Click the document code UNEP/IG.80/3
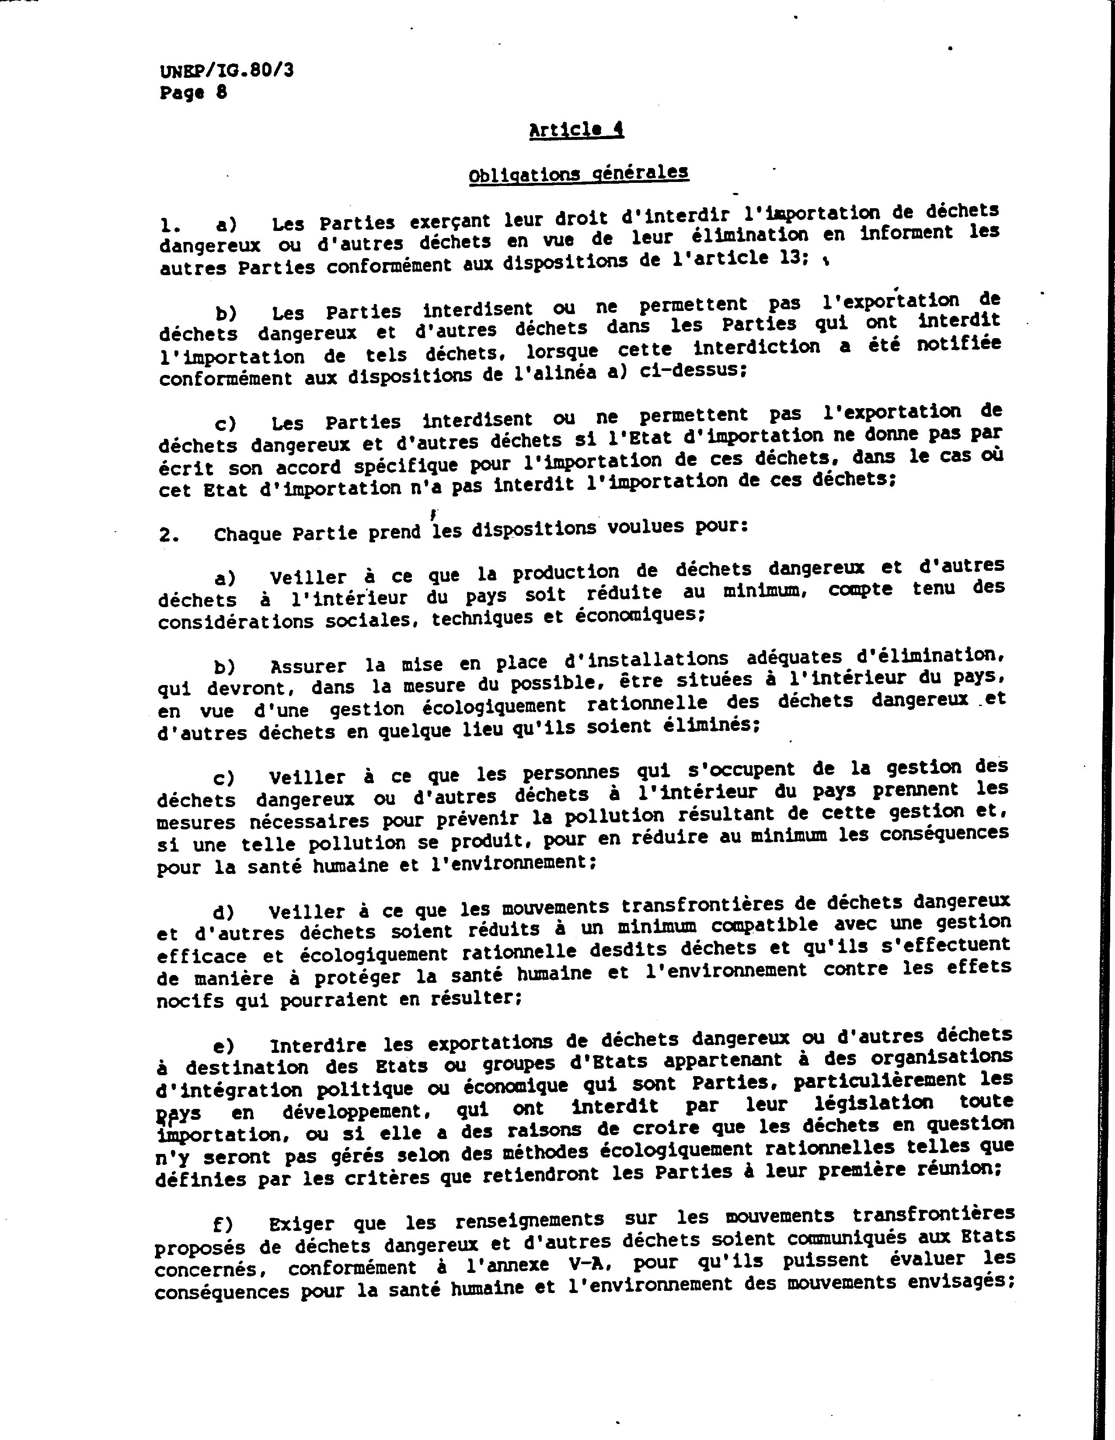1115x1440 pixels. [x=226, y=70]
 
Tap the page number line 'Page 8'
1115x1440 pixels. [x=193, y=92]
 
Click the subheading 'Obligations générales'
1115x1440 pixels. [x=578, y=174]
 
